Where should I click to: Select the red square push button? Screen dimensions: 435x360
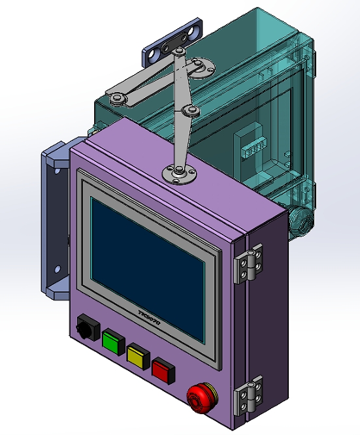click(x=163, y=370)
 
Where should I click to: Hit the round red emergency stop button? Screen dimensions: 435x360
click(x=200, y=396)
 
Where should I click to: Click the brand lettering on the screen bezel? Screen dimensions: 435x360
click(x=154, y=319)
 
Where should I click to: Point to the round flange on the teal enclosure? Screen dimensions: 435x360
click(x=206, y=66)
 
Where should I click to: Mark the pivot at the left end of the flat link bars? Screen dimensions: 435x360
click(x=118, y=98)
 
